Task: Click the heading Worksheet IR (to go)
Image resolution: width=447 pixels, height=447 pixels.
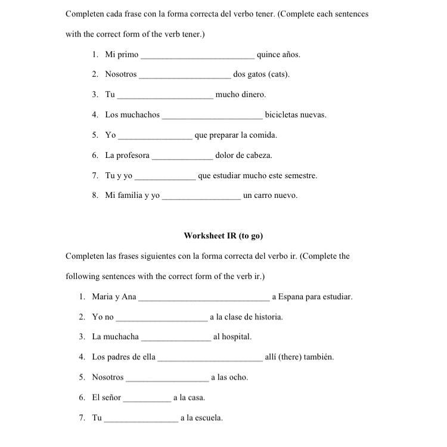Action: [x=223, y=235]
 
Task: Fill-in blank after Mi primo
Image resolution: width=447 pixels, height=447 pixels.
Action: [x=197, y=55]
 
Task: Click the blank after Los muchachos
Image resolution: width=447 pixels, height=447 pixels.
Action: [x=212, y=116]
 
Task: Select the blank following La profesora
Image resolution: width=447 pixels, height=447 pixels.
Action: [x=182, y=156]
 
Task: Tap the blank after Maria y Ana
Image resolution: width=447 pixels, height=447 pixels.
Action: [x=204, y=297]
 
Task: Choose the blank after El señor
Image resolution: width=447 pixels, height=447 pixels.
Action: [x=147, y=398]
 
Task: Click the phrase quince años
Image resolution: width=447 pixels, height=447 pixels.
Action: [x=278, y=55]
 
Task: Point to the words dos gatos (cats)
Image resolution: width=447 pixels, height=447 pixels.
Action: [x=261, y=75]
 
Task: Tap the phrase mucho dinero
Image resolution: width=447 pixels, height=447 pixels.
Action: [x=240, y=95]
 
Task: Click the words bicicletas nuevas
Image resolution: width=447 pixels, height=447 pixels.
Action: [x=296, y=115]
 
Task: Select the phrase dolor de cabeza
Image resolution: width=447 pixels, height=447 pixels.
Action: [x=243, y=156]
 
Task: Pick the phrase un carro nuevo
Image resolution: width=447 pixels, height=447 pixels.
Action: [x=270, y=195]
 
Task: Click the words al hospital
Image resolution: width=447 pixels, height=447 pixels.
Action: [x=232, y=337]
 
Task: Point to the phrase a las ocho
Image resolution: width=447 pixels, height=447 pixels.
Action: [x=229, y=377]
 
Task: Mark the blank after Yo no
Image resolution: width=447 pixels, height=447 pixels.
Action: [x=162, y=318]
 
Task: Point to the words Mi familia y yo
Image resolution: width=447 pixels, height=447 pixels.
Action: [x=132, y=195]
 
